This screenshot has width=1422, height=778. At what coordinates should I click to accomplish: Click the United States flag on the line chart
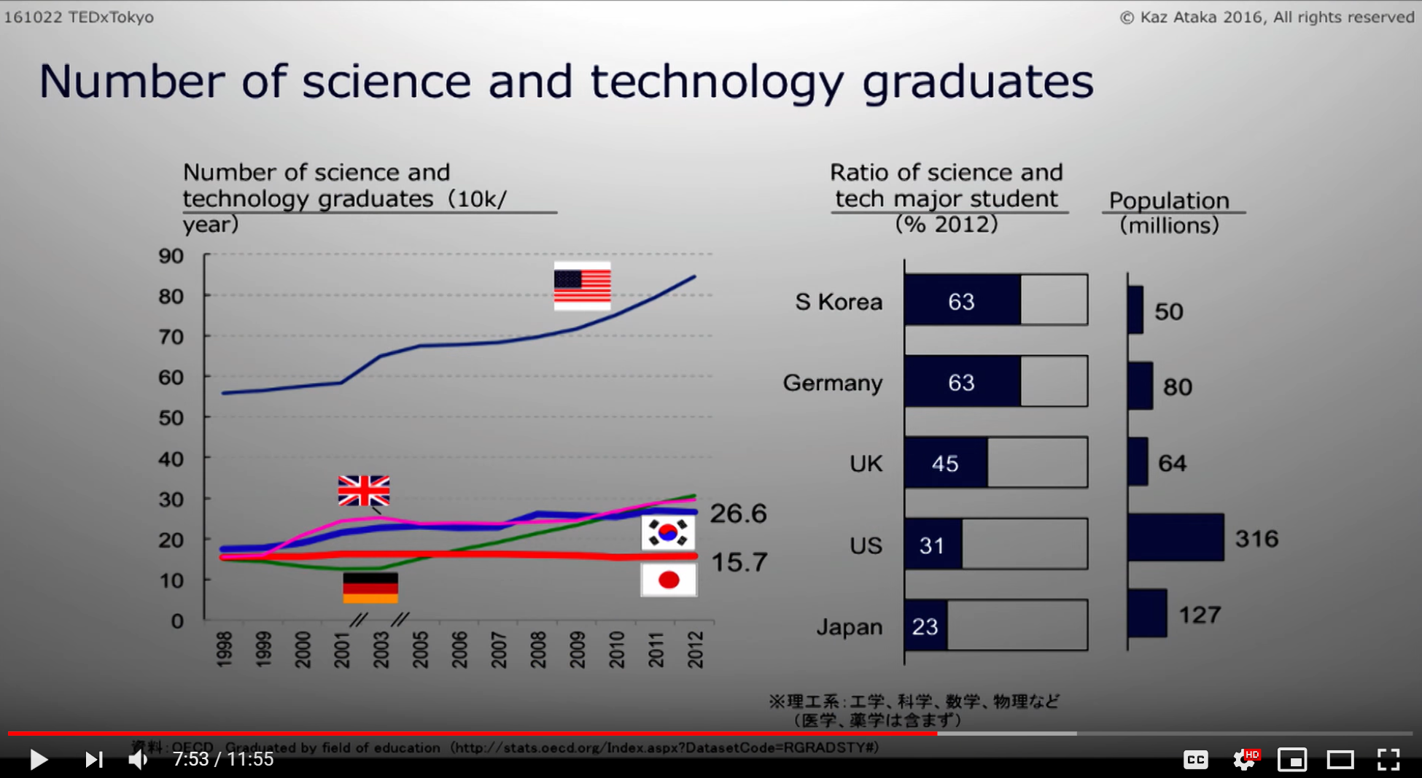point(582,286)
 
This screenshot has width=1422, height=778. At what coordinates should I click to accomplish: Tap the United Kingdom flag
point(364,491)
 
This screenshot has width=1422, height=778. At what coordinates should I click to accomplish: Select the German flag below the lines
point(370,588)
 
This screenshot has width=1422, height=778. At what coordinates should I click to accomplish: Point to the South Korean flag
point(668,533)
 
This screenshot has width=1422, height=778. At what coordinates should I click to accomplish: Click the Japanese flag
point(669,580)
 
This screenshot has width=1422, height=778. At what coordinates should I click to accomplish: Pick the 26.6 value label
point(738,513)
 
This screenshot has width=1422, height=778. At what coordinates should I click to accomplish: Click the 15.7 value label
point(739,562)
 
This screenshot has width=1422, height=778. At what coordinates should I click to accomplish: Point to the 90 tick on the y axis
point(171,256)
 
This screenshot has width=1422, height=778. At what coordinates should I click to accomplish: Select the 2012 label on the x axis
point(696,649)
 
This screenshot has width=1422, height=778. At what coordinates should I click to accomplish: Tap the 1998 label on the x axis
point(225,649)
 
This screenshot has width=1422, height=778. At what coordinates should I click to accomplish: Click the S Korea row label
point(839,302)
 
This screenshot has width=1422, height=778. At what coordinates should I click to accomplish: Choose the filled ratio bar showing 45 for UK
point(946,463)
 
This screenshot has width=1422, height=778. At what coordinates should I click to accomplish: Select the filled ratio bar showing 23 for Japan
point(925,626)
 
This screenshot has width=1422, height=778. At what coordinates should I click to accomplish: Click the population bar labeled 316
point(1176,538)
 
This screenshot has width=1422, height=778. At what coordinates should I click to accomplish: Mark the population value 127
point(1200,615)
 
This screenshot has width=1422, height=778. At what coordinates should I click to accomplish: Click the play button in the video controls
point(39,760)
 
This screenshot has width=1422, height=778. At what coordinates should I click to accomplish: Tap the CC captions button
point(1195,760)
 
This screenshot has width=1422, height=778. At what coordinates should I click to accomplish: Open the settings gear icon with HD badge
point(1244,760)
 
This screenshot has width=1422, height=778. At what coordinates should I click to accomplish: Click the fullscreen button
point(1388,760)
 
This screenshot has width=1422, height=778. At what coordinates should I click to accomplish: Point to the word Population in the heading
point(1169,201)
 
